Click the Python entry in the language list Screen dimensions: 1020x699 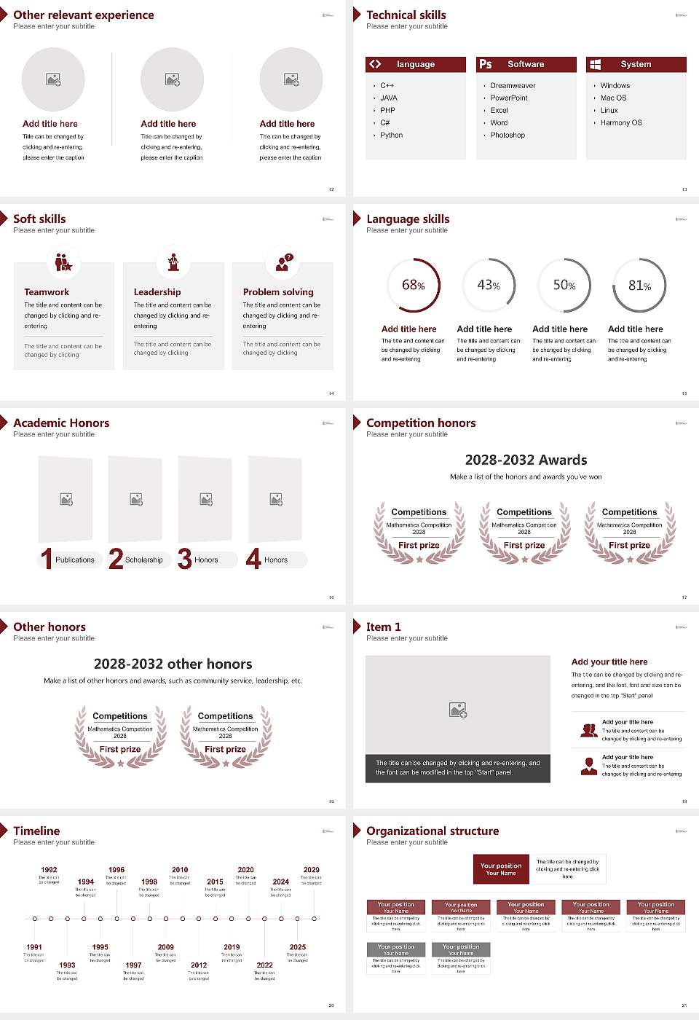pos(391,136)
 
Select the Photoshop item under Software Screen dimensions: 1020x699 pos(508,136)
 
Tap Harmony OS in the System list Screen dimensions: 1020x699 pos(621,123)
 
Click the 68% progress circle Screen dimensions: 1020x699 pos(414,285)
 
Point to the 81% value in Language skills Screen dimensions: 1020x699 pos(639,286)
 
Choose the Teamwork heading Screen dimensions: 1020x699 pos(47,292)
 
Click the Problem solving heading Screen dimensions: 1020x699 pos(278,292)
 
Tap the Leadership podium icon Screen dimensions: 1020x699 pos(173,262)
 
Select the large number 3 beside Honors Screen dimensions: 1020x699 pos(185,559)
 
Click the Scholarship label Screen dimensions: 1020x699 pos(143,560)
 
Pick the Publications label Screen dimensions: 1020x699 pos(75,560)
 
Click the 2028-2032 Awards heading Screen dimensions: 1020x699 pos(526,460)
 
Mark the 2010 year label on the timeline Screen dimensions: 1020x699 pos(180,870)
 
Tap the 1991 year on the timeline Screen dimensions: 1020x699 pos(34,947)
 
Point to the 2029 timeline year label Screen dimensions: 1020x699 pos(312,870)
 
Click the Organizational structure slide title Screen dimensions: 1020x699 pos(433,831)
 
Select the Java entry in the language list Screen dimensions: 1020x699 pos(388,98)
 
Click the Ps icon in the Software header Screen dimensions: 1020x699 pos(486,64)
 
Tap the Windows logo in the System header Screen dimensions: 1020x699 pos(596,64)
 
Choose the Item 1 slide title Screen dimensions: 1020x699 pos(383,627)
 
